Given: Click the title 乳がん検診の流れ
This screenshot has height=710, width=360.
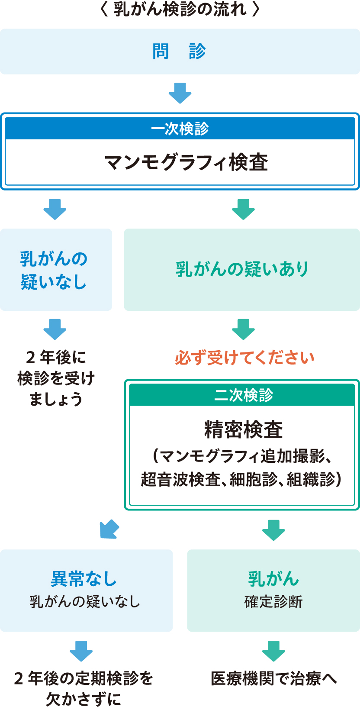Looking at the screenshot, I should [x=180, y=10].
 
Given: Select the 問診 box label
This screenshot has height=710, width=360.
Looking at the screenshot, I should [x=179, y=52].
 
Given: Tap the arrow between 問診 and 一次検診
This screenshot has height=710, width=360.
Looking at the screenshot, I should [x=180, y=93].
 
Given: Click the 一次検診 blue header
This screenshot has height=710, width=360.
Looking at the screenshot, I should [x=180, y=129].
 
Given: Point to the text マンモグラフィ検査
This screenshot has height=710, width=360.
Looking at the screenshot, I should [x=186, y=163].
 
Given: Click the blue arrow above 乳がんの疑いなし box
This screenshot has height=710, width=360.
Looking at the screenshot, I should [x=55, y=210].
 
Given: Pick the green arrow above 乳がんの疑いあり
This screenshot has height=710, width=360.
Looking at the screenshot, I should [x=243, y=210].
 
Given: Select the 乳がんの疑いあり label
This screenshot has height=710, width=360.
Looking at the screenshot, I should [x=242, y=269].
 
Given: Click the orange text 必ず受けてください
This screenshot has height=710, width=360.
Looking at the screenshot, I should [x=244, y=358].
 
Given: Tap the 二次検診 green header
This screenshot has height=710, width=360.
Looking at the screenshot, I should [x=243, y=395].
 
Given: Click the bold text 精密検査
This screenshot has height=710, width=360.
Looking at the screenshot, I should [x=243, y=429].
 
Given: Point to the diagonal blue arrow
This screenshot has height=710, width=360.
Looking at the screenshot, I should [x=109, y=529].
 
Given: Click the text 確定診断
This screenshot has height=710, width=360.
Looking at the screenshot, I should [x=273, y=602].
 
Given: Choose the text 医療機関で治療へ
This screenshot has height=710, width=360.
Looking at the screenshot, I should [x=273, y=678].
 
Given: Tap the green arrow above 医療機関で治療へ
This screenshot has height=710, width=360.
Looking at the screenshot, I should [x=273, y=651].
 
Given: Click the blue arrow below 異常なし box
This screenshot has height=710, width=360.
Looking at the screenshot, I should [x=81, y=651].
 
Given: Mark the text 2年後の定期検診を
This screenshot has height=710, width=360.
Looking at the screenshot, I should [x=84, y=678].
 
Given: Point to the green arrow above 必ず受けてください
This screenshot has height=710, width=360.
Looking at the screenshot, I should [x=243, y=329].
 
